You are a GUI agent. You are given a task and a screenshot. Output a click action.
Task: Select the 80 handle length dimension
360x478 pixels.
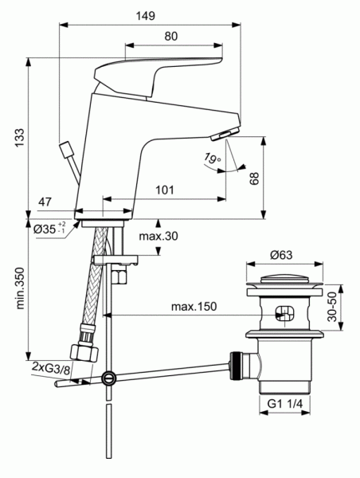(x=170, y=36)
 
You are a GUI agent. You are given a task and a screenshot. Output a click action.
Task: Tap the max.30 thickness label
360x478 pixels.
(x=159, y=237)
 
